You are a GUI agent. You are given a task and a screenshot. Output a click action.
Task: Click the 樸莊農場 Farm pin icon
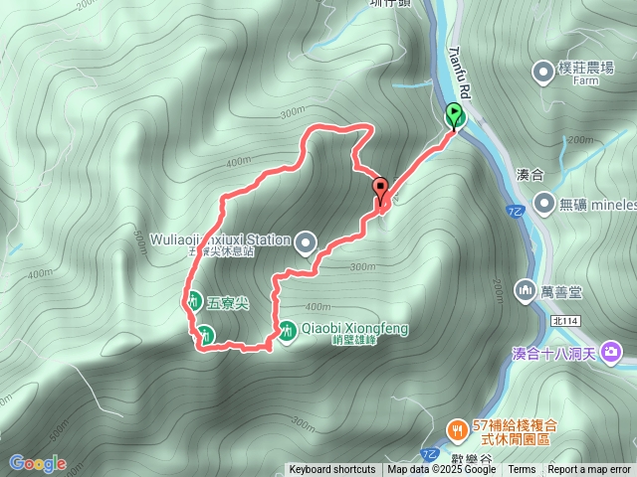[543, 71]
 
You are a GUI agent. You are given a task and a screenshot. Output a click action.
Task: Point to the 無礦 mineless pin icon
[543, 204]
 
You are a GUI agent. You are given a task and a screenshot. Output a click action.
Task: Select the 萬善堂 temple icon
[525, 290]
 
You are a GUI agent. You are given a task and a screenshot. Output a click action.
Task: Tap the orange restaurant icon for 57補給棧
[457, 428]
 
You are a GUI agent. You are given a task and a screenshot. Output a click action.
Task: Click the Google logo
[37, 463]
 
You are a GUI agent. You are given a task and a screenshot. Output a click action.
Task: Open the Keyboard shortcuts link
[332, 470]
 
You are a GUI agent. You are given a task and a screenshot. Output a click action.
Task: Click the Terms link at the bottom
[522, 470]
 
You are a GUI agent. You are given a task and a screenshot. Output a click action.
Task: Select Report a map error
[589, 470]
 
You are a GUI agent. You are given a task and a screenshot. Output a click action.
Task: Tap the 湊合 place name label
[532, 174]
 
